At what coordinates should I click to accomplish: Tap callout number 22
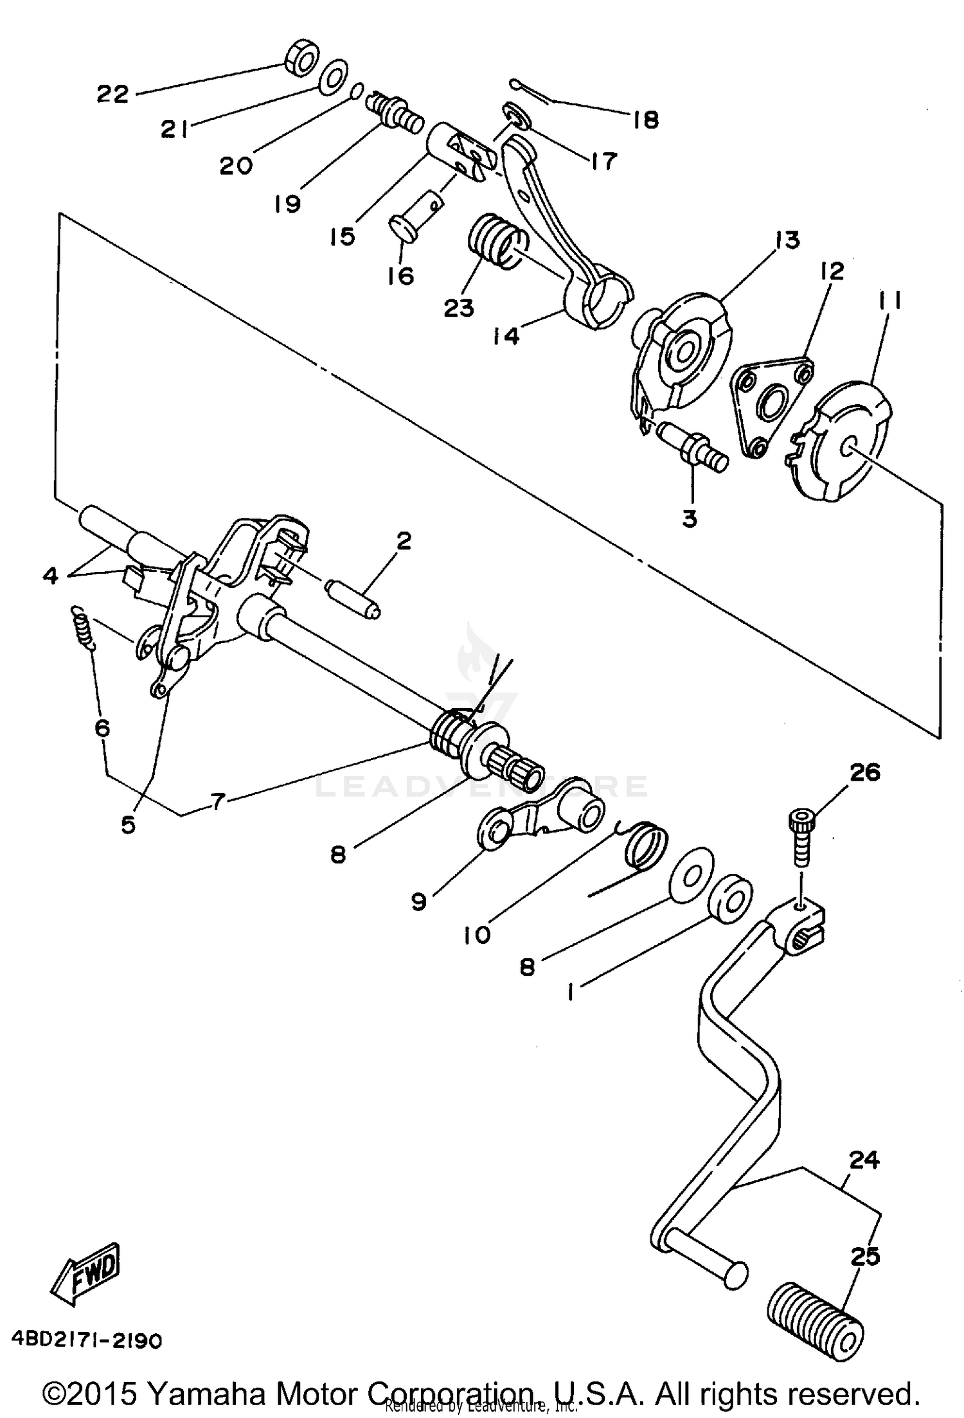[113, 94]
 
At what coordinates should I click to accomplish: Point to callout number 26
[864, 772]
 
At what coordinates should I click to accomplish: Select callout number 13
[788, 240]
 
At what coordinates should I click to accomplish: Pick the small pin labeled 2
[353, 598]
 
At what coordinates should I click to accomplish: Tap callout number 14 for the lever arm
[506, 336]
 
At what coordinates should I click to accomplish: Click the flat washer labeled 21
[333, 77]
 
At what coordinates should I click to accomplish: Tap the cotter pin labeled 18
[530, 91]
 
